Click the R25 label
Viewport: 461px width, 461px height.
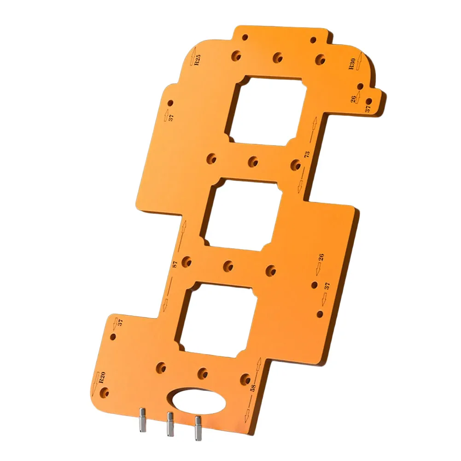[198, 60]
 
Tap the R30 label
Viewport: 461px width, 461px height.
[352, 64]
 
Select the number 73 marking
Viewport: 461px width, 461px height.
[307, 155]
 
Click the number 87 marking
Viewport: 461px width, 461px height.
[175, 264]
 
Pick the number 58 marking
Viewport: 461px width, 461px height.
[253, 388]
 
